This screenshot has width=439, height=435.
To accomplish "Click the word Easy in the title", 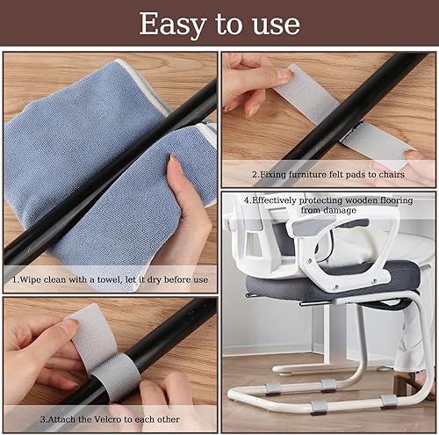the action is tap(173, 25).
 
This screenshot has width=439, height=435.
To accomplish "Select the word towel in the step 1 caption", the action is tap(109, 279).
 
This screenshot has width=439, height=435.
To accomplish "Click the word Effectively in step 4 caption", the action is tap(270, 200).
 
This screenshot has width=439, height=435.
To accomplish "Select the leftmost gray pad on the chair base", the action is tap(273, 388).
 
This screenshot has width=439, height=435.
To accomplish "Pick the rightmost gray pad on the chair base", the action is tap(389, 402).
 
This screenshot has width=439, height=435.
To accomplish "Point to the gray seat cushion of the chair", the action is tap(331, 283).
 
